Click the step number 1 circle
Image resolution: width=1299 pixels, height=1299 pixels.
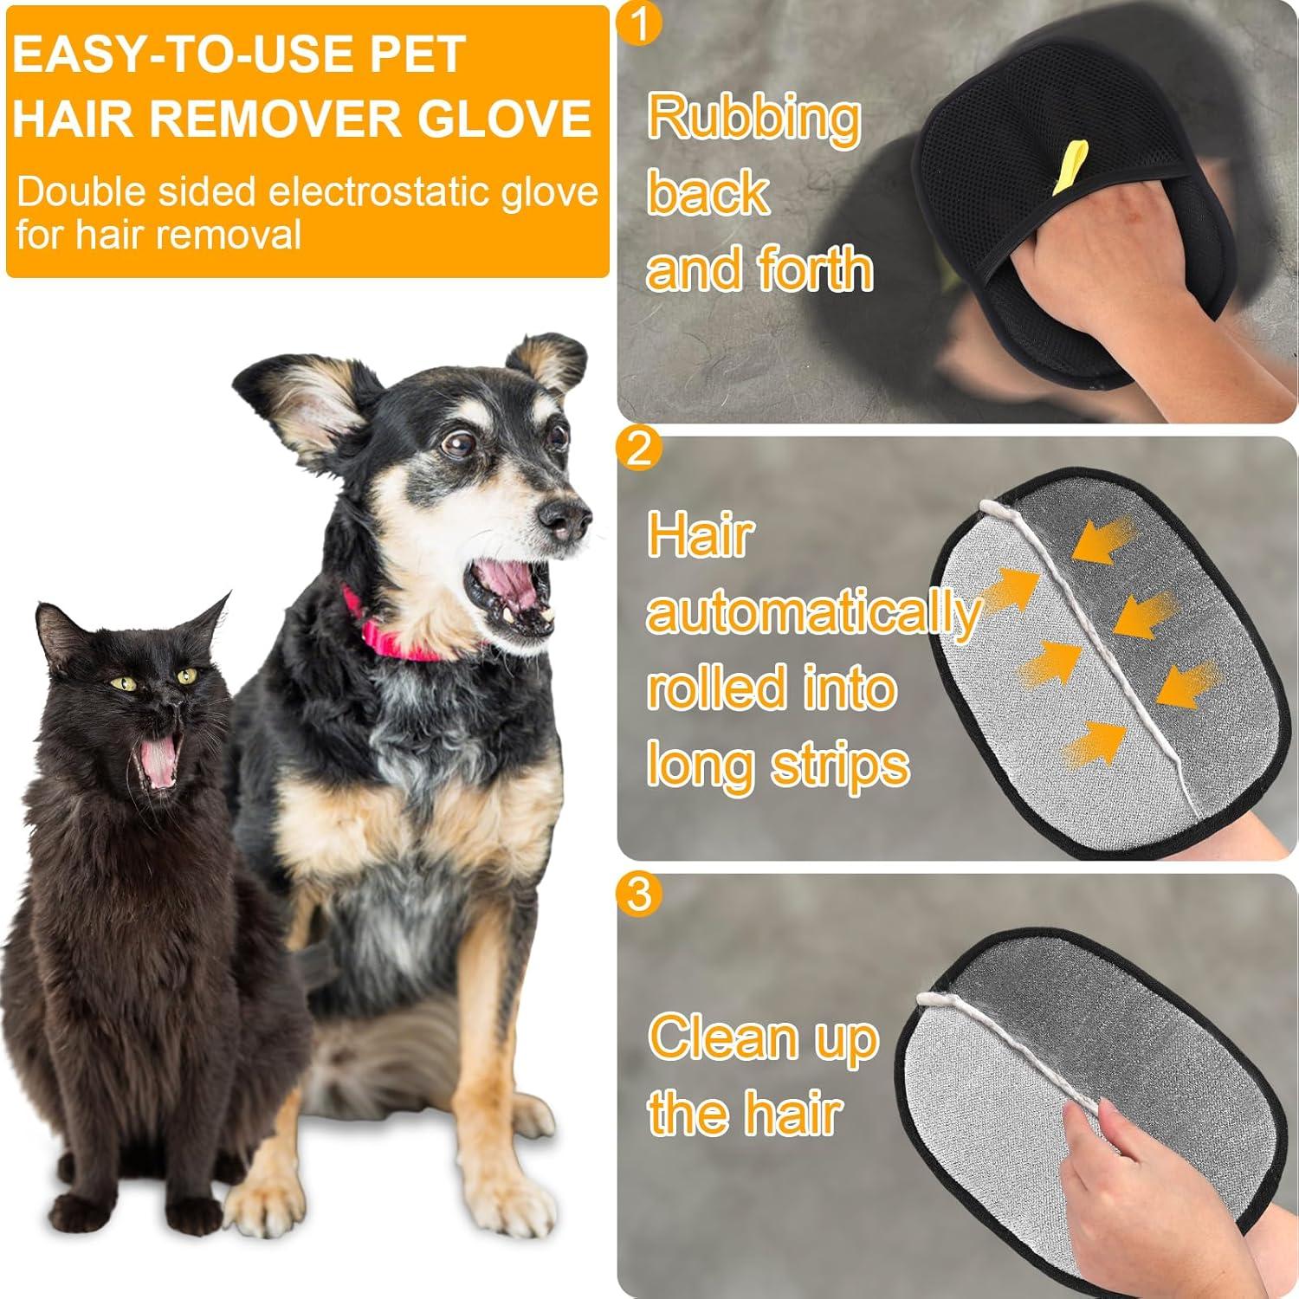(640, 23)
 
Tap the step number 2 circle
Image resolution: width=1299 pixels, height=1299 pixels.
(639, 449)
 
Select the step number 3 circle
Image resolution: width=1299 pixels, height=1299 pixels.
(639, 893)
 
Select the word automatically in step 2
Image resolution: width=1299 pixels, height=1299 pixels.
(812, 612)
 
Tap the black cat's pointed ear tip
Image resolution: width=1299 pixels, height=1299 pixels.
(227, 597)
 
